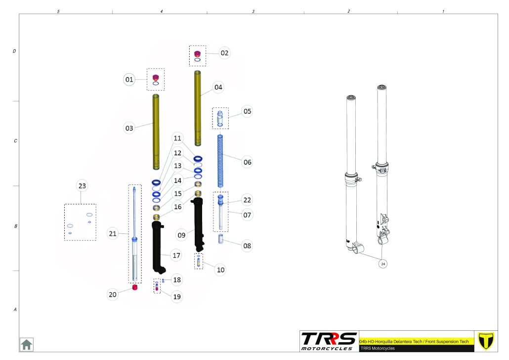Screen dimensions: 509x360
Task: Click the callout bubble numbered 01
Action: click(x=129, y=79)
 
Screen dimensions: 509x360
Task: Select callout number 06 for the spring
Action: click(x=248, y=162)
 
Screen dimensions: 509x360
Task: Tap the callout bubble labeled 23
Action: click(x=82, y=186)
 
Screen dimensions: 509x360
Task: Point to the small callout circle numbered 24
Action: click(x=383, y=264)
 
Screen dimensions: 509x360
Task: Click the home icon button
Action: click(x=27, y=344)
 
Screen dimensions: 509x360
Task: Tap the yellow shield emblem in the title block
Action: click(x=486, y=341)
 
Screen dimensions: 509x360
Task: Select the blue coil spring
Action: click(x=220, y=161)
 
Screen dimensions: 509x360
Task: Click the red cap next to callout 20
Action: click(x=135, y=287)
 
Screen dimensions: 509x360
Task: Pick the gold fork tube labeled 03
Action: click(x=156, y=132)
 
